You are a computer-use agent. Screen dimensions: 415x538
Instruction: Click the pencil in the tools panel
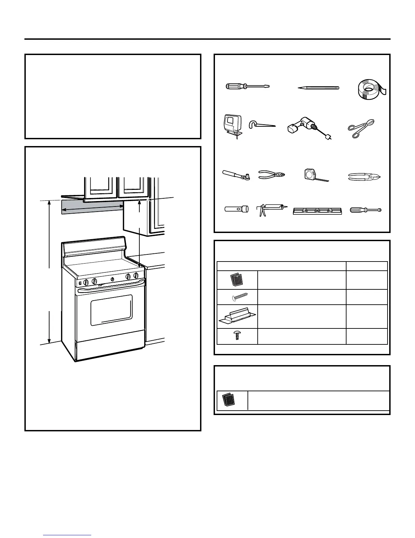click(318, 88)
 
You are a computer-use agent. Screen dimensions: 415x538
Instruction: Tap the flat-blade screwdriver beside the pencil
click(247, 86)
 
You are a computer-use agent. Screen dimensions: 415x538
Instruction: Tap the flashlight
click(236, 209)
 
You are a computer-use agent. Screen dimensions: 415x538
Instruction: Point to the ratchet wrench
click(236, 176)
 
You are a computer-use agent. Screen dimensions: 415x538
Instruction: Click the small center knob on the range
click(112, 279)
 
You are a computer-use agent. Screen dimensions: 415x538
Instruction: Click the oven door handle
click(111, 289)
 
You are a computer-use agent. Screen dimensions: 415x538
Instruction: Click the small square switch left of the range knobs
click(80, 282)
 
